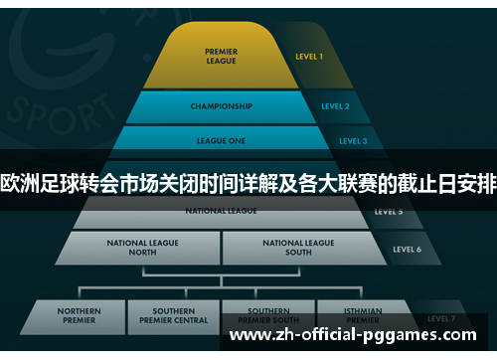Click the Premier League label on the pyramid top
(221, 56)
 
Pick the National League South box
(299, 247)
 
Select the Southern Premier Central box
(173, 315)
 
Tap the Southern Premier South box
(268, 315)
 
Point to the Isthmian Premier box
(362, 315)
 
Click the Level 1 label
(309, 57)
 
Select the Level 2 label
(335, 106)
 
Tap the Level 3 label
(352, 141)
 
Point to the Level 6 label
(408, 249)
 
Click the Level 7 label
(441, 318)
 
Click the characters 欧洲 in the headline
(22, 184)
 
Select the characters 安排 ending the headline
(476, 184)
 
